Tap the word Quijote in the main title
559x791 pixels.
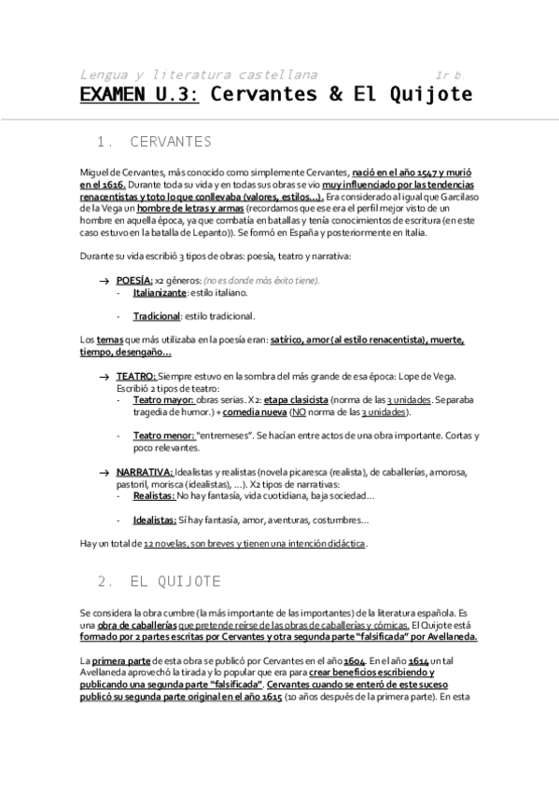(428, 94)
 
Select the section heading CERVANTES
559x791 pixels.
(171, 142)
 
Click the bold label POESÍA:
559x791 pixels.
(134, 280)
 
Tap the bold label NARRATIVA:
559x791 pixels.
(145, 473)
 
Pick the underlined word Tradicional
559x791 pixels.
(157, 316)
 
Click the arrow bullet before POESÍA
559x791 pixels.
(105, 281)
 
